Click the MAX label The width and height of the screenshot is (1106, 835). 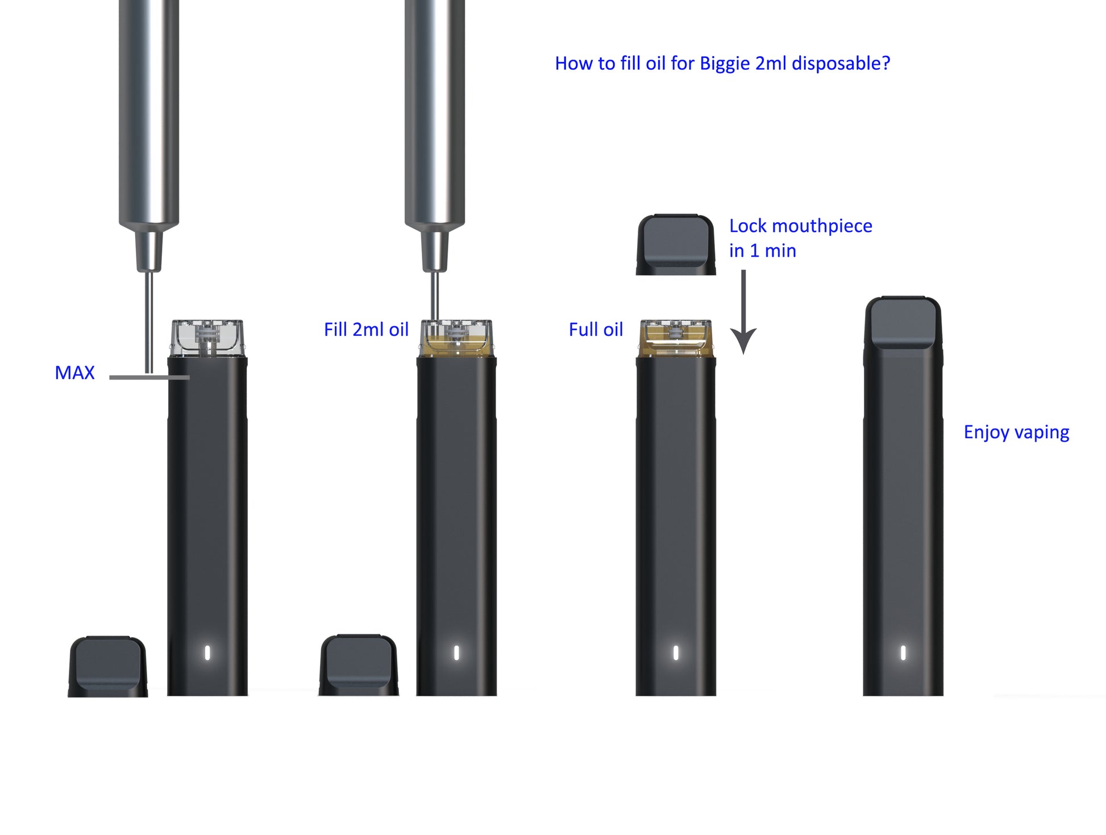(x=74, y=373)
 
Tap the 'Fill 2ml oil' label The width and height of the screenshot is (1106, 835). (x=366, y=330)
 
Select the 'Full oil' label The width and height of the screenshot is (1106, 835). (x=596, y=330)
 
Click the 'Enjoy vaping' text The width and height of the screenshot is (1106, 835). (x=1016, y=433)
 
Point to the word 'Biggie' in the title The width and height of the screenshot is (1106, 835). (x=724, y=64)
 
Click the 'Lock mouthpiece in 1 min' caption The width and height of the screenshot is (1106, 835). (x=800, y=238)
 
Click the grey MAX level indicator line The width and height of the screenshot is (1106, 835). (x=149, y=377)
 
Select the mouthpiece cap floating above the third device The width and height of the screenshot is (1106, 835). (x=675, y=245)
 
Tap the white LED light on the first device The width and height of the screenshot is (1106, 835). (x=207, y=653)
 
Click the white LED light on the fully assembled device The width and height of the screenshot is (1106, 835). (x=903, y=653)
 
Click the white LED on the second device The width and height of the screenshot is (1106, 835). (x=456, y=653)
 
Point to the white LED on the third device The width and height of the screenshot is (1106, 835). (x=676, y=653)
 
